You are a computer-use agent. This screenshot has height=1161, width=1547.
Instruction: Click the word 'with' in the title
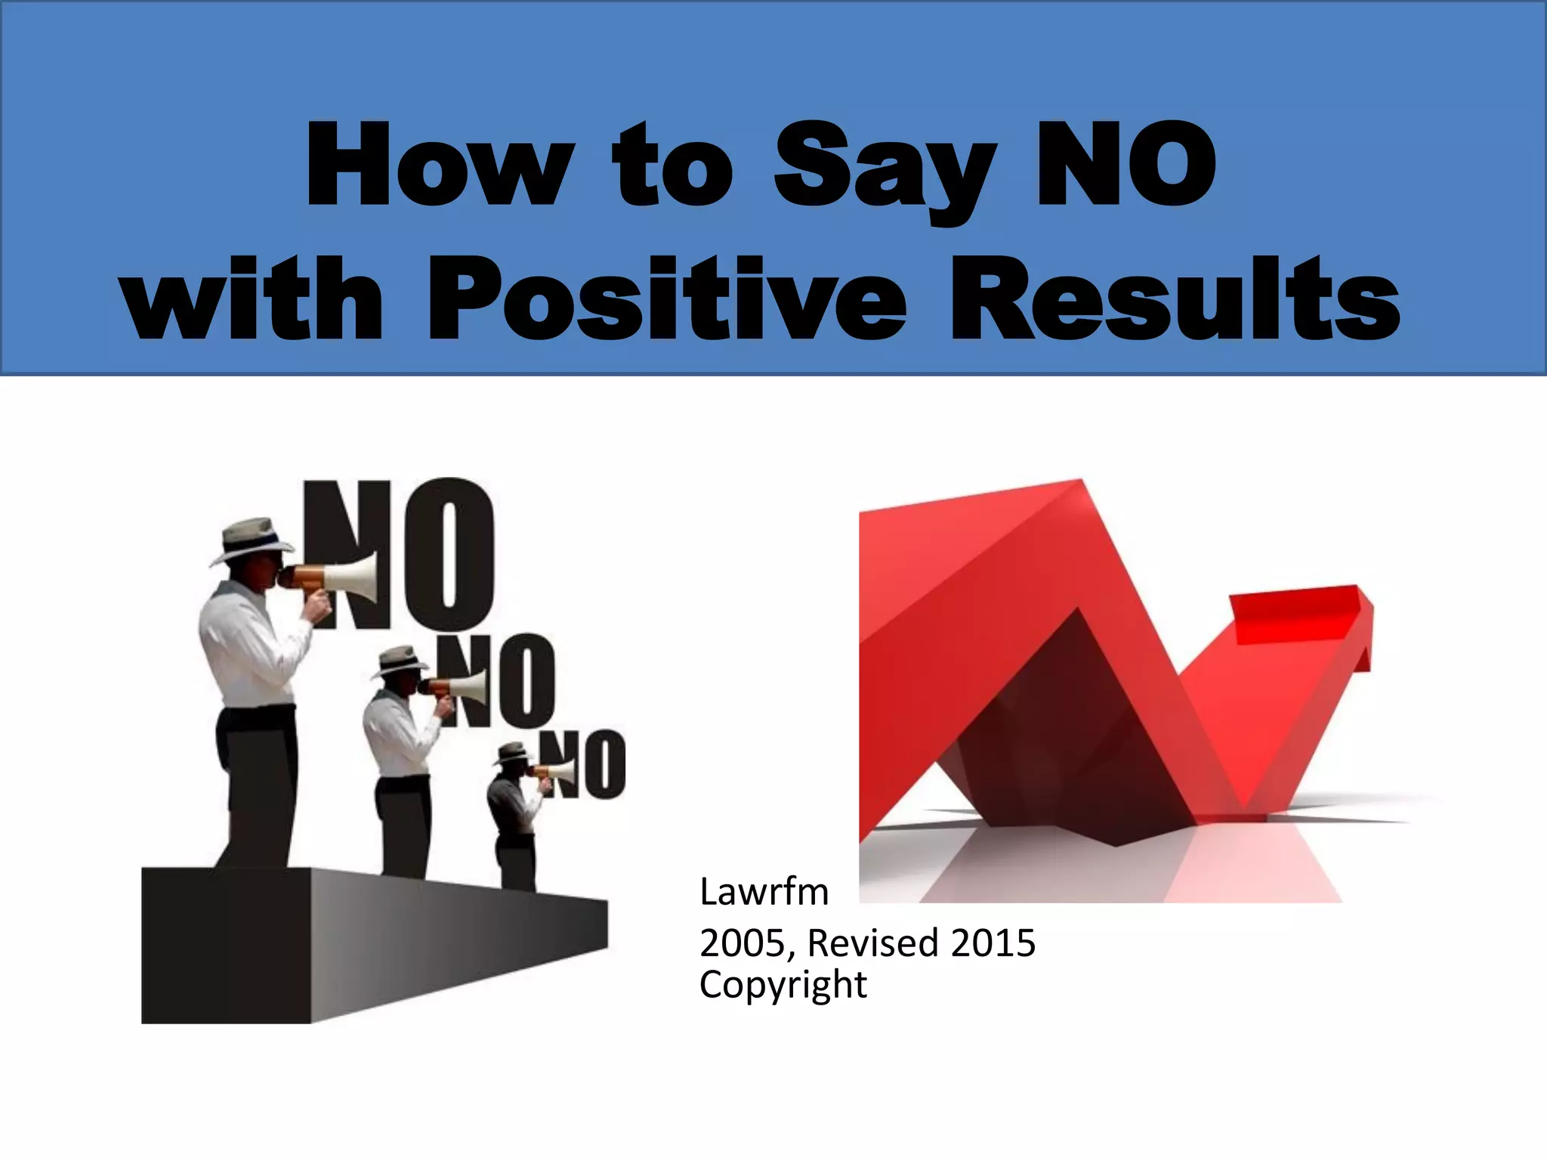click(x=254, y=299)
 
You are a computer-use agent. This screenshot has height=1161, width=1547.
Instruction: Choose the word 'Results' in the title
click(x=1175, y=299)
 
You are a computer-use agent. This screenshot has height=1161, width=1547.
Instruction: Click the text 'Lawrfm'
click(x=764, y=892)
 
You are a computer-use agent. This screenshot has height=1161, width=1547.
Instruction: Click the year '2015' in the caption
click(x=993, y=943)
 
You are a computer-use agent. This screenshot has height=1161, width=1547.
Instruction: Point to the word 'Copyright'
click(x=783, y=984)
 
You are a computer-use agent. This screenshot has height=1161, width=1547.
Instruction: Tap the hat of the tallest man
click(x=251, y=539)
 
